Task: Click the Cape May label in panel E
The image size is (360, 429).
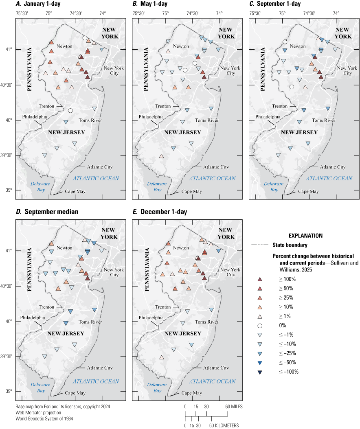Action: tap(191, 393)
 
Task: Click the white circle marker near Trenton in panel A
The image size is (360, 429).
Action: tap(70, 111)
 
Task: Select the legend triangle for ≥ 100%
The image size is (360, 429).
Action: tap(259, 279)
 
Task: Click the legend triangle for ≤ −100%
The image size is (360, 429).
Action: tap(259, 372)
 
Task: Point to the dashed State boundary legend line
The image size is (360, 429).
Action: tap(258, 245)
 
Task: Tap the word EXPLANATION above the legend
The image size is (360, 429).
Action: tap(305, 236)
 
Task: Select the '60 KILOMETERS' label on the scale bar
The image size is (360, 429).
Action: tap(224, 426)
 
